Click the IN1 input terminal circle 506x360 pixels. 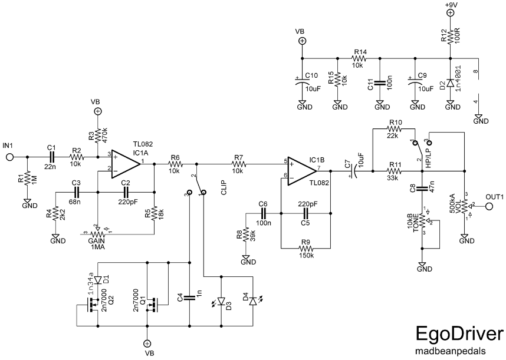pos(10,157)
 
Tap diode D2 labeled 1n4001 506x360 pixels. pos(450,83)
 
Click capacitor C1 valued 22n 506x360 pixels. pos(51,157)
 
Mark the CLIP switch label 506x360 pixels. pos(225,191)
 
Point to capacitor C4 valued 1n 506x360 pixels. pos(189,298)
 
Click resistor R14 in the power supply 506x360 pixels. pos(359,58)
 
